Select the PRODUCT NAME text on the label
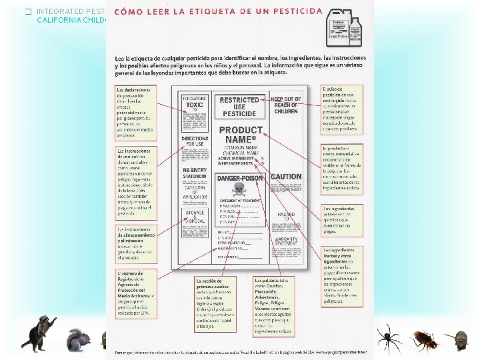pos(241,136)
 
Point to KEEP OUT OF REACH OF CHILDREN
pos(286,105)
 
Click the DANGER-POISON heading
pos(240,179)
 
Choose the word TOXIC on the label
pos(195,105)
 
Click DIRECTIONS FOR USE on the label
pos(195,142)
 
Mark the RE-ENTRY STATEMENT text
pos(195,174)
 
